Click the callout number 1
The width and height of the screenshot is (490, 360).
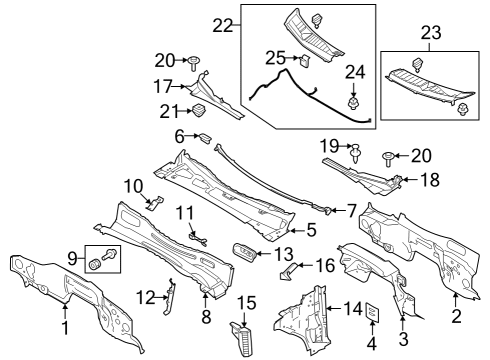(66, 326)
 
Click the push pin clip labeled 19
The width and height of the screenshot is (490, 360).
(356, 151)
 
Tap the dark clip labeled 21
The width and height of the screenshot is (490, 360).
(198, 109)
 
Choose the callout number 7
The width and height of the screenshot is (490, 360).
(351, 209)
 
